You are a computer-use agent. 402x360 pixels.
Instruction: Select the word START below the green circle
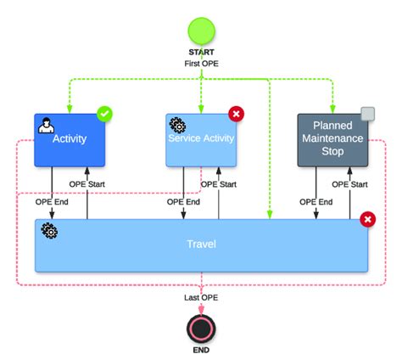[201, 53]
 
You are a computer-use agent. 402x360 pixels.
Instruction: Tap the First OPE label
[201, 64]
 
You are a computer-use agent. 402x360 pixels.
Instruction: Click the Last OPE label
[201, 297]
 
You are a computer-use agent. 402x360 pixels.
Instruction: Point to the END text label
[201, 350]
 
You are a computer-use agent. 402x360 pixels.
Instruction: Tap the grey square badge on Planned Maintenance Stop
[367, 114]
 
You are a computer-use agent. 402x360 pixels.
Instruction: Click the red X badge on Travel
[367, 220]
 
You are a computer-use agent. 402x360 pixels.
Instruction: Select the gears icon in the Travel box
[49, 231]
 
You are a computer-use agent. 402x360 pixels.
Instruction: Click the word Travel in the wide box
[201, 245]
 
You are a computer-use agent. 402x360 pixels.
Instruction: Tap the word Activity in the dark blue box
[70, 139]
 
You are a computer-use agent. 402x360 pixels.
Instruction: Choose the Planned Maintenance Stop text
[332, 139]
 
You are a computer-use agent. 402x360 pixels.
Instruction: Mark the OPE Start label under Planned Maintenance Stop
[349, 183]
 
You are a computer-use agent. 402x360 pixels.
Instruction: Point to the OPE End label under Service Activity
[182, 202]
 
